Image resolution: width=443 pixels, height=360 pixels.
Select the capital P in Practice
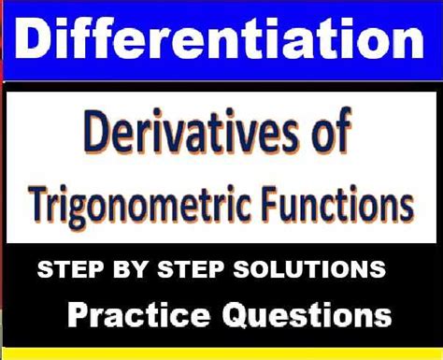click(x=78, y=313)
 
